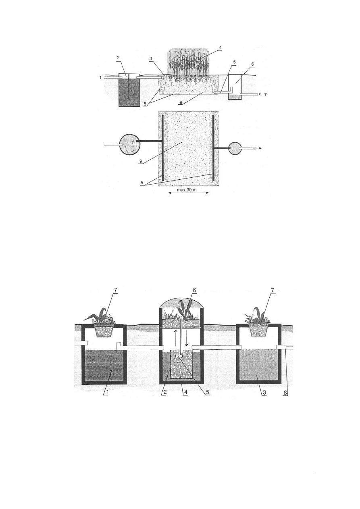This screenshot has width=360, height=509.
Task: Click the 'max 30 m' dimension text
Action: [x=187, y=190]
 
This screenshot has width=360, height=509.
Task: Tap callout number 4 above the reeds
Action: [x=220, y=48]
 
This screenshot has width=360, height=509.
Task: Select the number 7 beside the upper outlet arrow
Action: [x=265, y=95]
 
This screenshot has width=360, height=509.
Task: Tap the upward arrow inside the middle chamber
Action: [x=175, y=335]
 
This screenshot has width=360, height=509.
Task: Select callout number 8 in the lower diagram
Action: [x=286, y=393]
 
